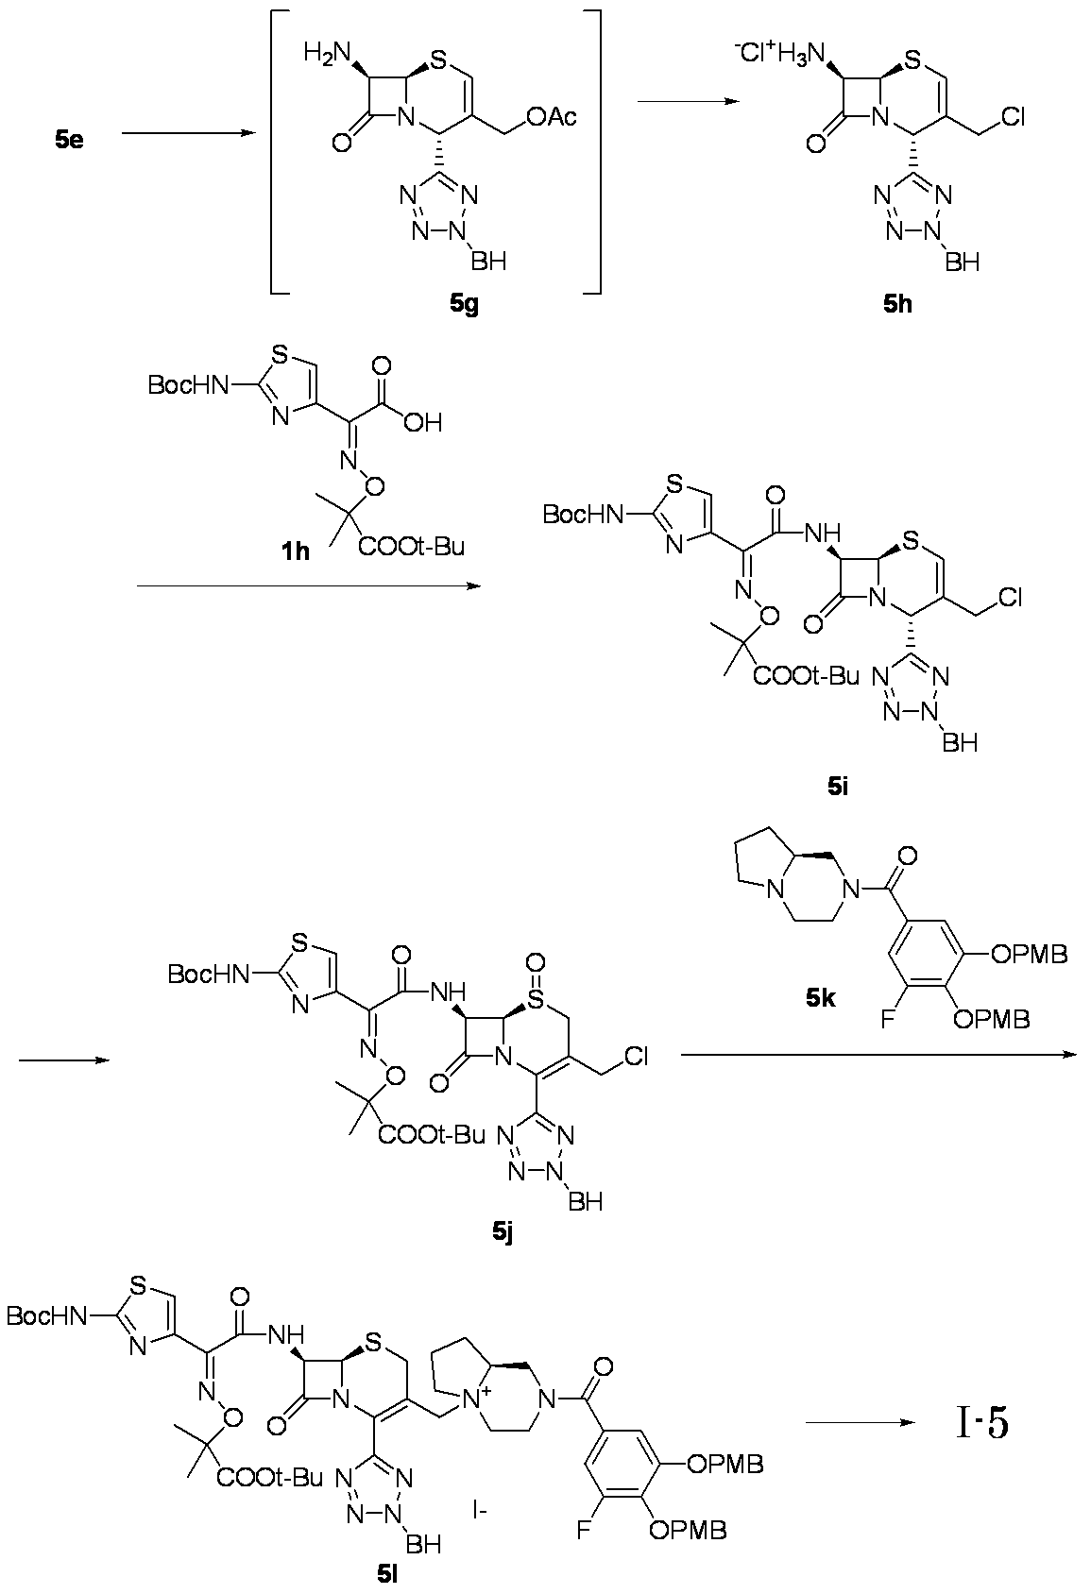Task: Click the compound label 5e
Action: pos(69,140)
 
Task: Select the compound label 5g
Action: pos(464,305)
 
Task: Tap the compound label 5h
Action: pos(897,305)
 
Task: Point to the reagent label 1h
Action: pos(295,551)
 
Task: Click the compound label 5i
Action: pos(838,787)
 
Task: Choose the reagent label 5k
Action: pos(821,999)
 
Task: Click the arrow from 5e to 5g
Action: pos(189,133)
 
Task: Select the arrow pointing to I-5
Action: pos(859,1422)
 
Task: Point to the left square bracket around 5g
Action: pos(275,152)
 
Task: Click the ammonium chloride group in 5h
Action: pos(780,52)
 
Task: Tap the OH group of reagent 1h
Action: pos(423,423)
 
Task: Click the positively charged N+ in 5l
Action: pos(473,1399)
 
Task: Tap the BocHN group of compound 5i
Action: pos(582,514)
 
